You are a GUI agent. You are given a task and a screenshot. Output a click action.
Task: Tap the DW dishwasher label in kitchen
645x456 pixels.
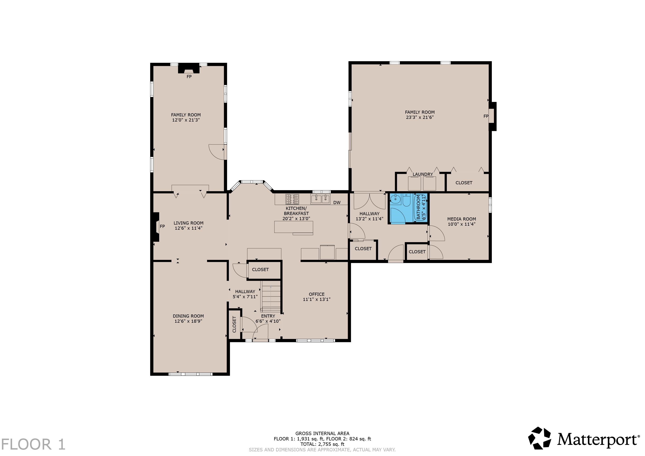[x=337, y=203]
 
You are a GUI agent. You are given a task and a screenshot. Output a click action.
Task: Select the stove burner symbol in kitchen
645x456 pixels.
[x=292, y=199]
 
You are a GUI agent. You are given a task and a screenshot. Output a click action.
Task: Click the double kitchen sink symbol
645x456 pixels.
[x=320, y=199]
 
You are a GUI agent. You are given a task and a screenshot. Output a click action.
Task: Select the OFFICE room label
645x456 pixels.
[x=317, y=294]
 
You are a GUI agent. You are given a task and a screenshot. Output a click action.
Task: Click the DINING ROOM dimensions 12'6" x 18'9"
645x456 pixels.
[x=188, y=321]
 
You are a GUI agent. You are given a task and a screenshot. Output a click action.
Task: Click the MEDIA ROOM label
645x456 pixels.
[x=462, y=219]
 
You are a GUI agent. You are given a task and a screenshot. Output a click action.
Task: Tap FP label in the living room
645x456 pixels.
[x=162, y=226]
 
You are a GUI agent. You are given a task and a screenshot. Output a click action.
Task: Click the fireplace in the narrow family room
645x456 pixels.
[x=189, y=69]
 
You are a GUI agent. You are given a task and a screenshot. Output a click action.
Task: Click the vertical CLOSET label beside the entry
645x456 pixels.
[x=234, y=324]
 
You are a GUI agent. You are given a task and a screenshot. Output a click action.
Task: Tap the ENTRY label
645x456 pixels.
[x=268, y=316]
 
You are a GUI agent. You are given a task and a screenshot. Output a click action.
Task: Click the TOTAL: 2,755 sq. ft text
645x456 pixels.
[x=322, y=444]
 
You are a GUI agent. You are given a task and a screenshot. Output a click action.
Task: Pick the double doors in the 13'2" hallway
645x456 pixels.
[x=369, y=201]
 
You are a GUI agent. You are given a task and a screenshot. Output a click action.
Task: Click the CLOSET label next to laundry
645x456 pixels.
[x=464, y=183]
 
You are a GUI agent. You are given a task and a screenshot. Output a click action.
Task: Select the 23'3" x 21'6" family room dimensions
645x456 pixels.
[x=420, y=117]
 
